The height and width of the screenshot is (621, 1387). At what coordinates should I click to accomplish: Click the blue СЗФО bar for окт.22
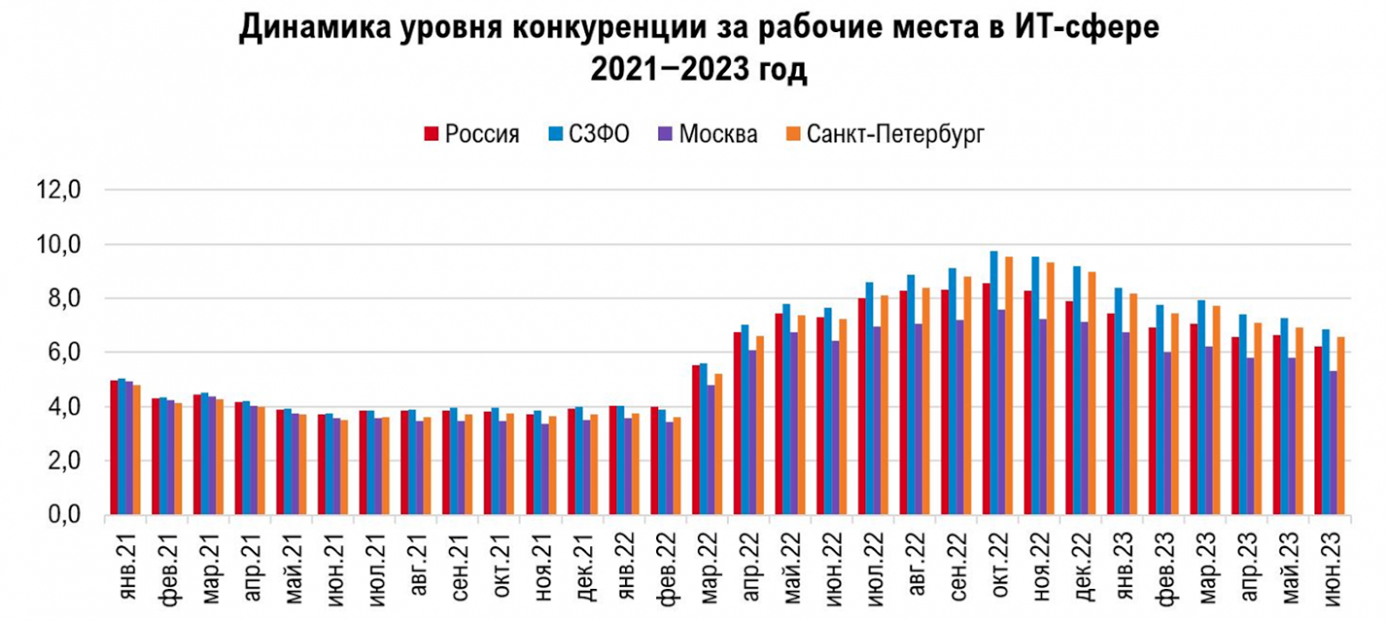(x=994, y=383)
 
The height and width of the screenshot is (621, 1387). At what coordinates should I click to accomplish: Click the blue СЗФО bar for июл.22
(x=870, y=399)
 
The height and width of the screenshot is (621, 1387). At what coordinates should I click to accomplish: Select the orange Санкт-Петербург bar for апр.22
(x=759, y=426)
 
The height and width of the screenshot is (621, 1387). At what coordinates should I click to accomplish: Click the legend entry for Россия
(x=472, y=134)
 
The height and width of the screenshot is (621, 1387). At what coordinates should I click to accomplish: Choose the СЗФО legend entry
(x=590, y=134)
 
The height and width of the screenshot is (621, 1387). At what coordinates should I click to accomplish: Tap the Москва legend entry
(x=710, y=134)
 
